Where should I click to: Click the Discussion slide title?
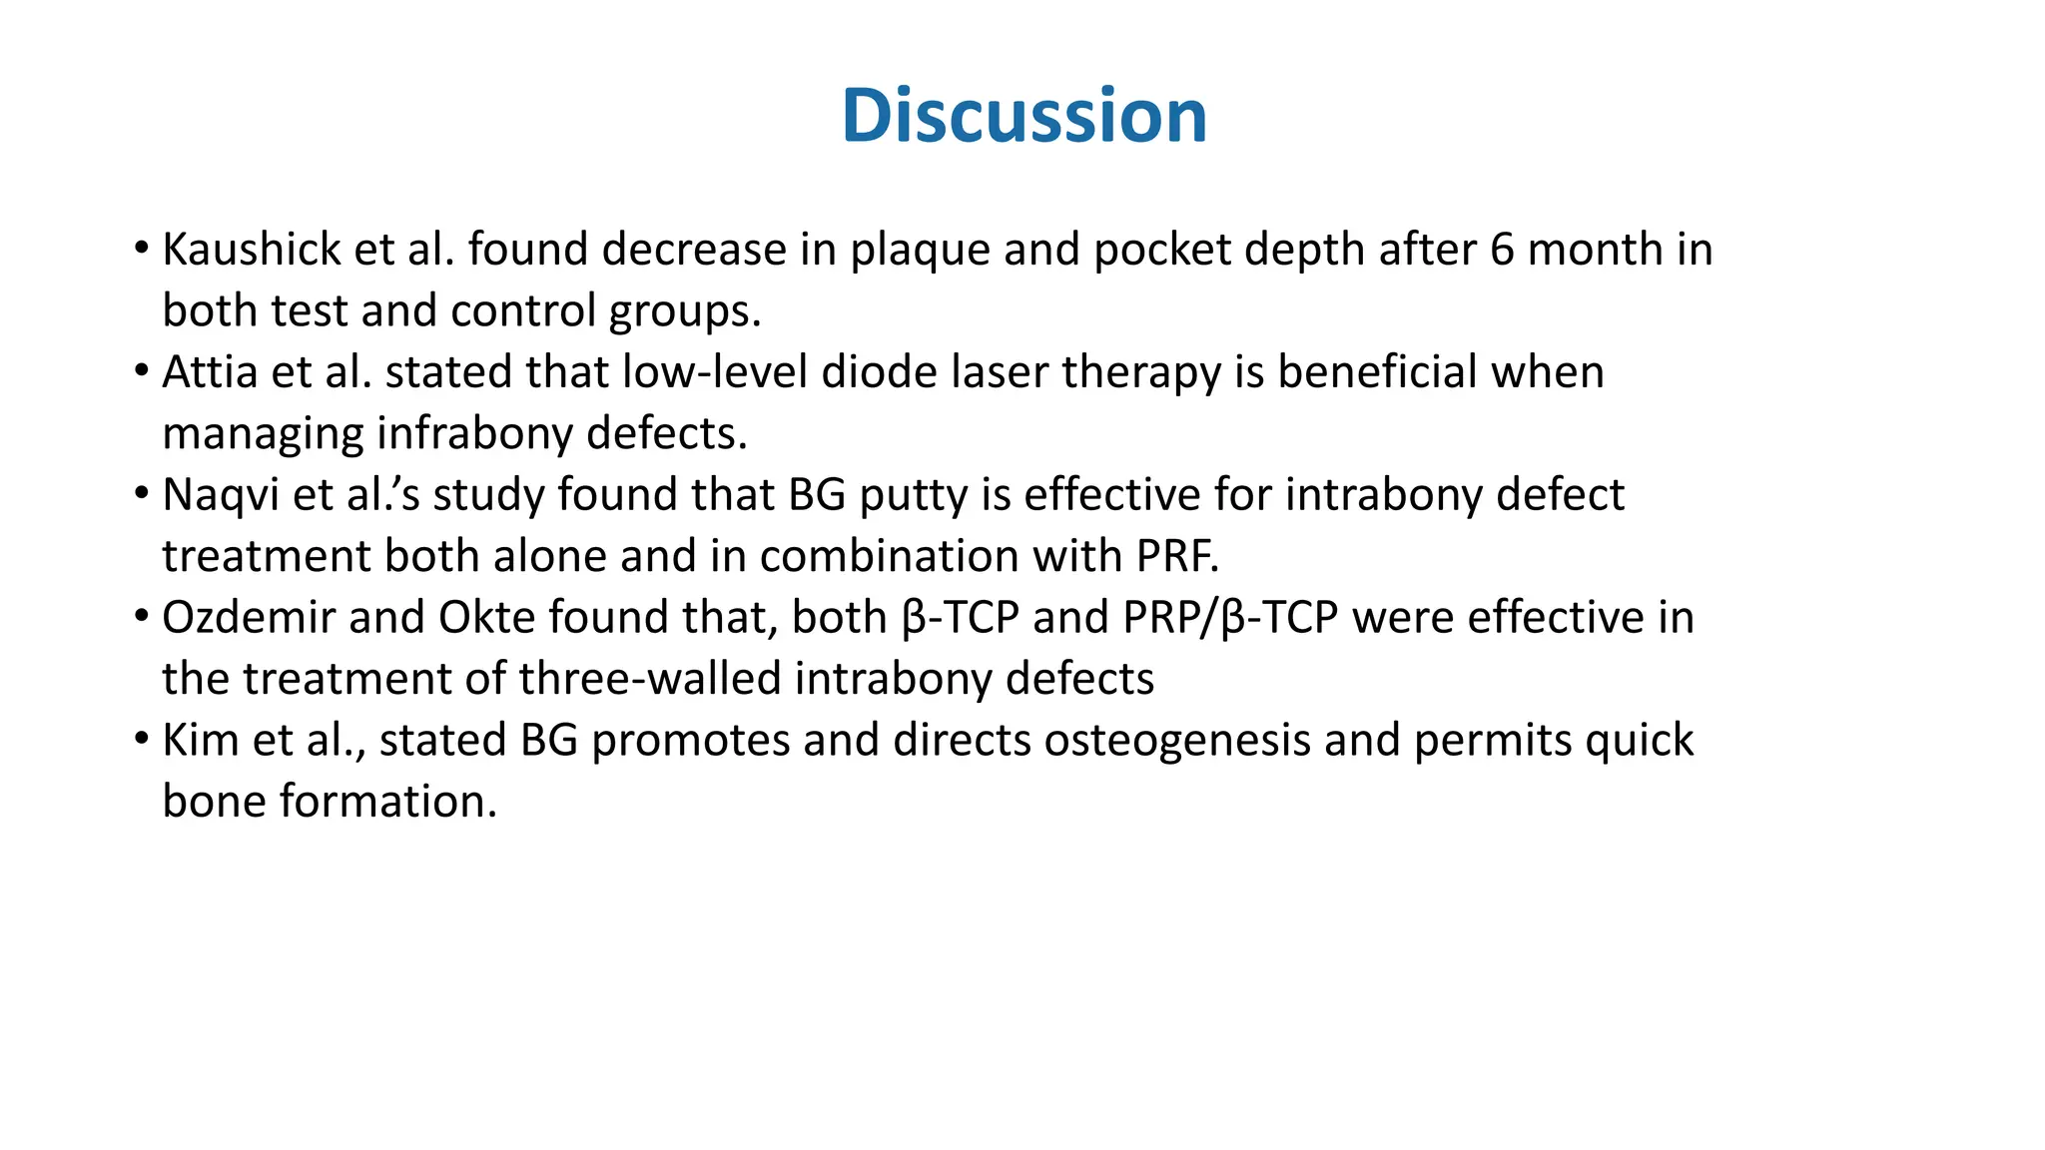click(x=1023, y=116)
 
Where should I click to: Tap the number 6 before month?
click(x=1502, y=250)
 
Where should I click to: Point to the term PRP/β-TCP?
click(x=1229, y=618)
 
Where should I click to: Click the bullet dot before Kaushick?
click(x=142, y=247)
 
